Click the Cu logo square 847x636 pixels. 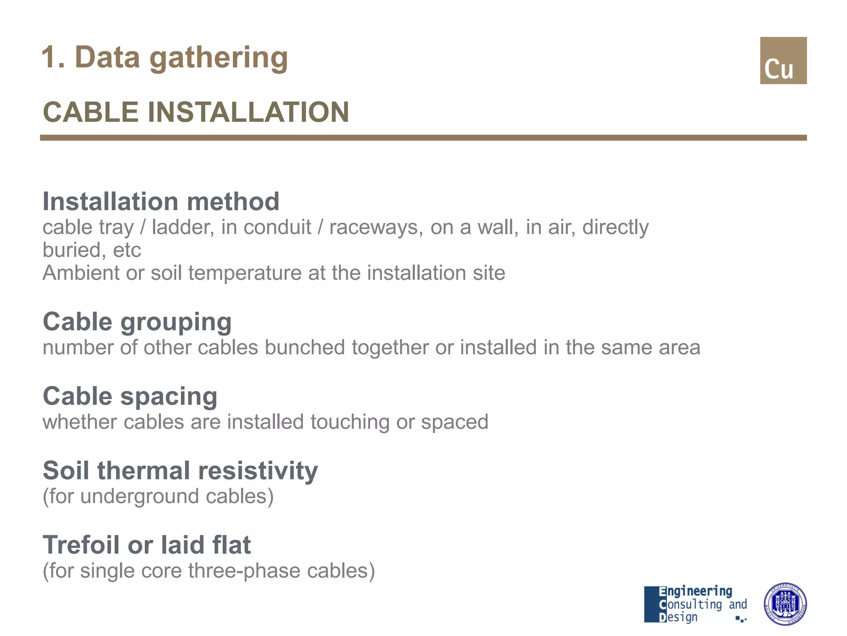783,60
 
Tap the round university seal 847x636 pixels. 785,603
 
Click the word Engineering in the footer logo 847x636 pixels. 695,591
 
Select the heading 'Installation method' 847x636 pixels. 161,202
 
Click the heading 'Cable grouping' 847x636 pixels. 137,322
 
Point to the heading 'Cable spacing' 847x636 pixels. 130,396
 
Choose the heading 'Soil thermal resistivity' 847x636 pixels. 180,471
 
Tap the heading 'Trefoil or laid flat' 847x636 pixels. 147,545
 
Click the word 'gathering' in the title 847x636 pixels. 218,58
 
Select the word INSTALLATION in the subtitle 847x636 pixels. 248,112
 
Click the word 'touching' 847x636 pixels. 349,422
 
